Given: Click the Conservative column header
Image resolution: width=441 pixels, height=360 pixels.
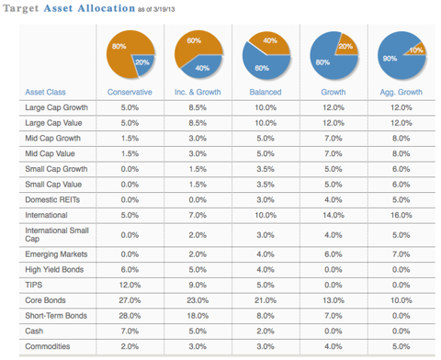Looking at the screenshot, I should tap(130, 93).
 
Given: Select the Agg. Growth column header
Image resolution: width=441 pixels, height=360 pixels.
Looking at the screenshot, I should tap(392, 93).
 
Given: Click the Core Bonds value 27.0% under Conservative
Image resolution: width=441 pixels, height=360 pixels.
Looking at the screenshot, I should tap(130, 299).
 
